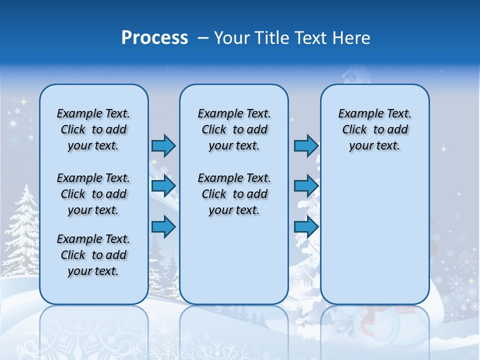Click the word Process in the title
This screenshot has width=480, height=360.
pyautogui.click(x=154, y=38)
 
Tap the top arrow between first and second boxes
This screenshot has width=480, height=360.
pyautogui.click(x=163, y=145)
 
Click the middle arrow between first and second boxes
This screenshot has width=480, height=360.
pyautogui.click(x=163, y=186)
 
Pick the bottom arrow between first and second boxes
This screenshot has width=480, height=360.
pyautogui.click(x=163, y=226)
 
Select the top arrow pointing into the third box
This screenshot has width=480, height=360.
pyautogui.click(x=306, y=145)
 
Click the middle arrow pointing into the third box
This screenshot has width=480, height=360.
pyautogui.click(x=306, y=186)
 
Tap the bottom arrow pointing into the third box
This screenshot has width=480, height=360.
pyautogui.click(x=306, y=226)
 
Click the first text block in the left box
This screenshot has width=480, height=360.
pyautogui.click(x=93, y=129)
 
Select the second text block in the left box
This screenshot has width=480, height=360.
pyautogui.click(x=93, y=194)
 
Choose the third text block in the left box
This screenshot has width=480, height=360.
pyautogui.click(x=93, y=255)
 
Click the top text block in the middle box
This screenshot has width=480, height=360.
pyautogui.click(x=234, y=129)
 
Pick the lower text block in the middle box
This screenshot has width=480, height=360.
pyautogui.click(x=234, y=194)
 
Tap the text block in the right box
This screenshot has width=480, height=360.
pyautogui.click(x=374, y=129)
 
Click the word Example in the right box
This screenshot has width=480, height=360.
pyautogui.click(x=358, y=113)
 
